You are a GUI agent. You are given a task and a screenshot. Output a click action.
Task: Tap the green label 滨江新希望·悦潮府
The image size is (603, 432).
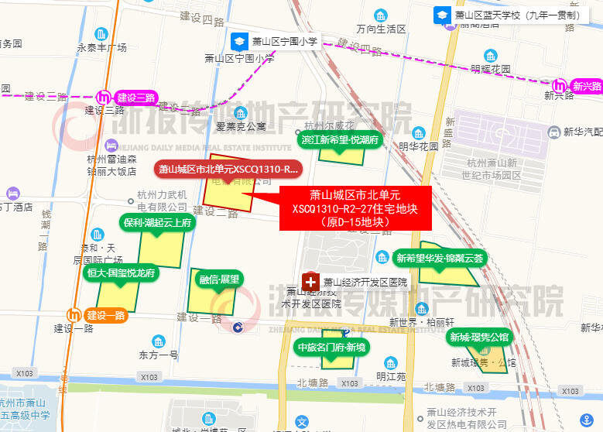coord(340,140)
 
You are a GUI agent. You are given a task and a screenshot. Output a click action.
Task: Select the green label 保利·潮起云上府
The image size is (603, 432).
coord(156,223)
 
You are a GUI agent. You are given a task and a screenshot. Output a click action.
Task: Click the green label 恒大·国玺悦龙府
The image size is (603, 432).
coord(122,273)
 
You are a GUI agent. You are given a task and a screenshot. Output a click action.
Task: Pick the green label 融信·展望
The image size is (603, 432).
coord(220,279)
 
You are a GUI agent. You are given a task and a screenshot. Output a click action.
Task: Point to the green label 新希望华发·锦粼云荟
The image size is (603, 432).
coord(439,259)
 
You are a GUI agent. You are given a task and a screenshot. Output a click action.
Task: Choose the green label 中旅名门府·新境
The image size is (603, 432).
coord(331,348)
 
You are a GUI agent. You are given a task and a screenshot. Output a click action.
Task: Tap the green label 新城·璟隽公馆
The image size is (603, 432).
coord(479,337)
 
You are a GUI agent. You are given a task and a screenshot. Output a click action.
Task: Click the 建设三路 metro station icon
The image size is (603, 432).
coord(107,98)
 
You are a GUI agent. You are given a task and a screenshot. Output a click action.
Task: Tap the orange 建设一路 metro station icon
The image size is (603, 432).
coord(75,315)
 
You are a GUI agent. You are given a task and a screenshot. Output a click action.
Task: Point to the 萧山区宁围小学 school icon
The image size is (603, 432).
coord(241,41)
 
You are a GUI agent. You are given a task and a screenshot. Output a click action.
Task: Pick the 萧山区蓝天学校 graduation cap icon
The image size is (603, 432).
coord(441,14)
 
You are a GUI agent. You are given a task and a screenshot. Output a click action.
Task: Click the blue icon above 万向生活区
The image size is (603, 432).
coord(381,15)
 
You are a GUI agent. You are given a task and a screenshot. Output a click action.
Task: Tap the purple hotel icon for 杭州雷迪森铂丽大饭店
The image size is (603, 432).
coord(111,144)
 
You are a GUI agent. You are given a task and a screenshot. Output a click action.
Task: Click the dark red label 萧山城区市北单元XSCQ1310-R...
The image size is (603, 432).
coord(228,169)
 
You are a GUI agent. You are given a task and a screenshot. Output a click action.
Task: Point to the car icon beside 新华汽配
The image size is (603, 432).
coord(554,133)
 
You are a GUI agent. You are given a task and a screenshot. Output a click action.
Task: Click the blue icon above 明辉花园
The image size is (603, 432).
coord(491,55)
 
